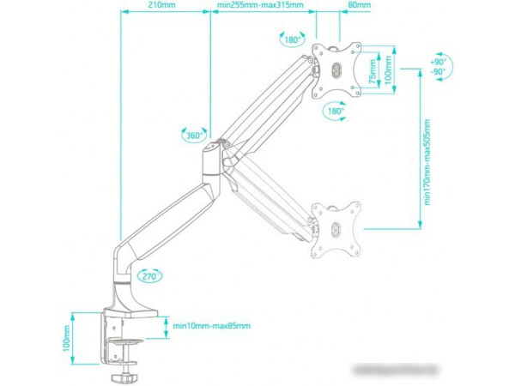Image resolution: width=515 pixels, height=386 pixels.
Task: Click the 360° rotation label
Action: point(194,136)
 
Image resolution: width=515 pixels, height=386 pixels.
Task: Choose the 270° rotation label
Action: point(149,276)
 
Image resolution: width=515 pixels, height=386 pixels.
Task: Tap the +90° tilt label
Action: point(439,62)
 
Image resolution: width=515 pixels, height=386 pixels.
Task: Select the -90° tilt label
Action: point(439,73)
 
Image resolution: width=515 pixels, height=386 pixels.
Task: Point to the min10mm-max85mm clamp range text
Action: point(211,325)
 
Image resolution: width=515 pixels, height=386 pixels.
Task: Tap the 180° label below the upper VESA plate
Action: point(335,111)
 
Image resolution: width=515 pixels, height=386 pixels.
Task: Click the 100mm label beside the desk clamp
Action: point(67,338)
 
